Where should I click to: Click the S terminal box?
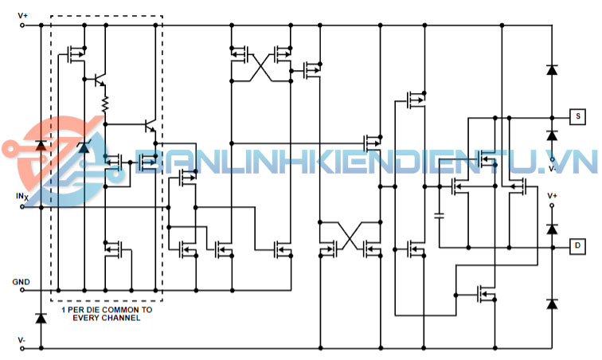pos(577,116)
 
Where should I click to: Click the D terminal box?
pos(577,247)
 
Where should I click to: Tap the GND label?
pos(21,282)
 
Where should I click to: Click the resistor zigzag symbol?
pos(104,103)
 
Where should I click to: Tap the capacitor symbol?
pos(439,215)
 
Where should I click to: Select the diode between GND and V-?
pos(41,318)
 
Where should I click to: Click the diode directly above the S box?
pos(551,70)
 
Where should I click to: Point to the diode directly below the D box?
pos(551,303)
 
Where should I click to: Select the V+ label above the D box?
pos(553,195)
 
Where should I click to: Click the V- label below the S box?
pos(553,169)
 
